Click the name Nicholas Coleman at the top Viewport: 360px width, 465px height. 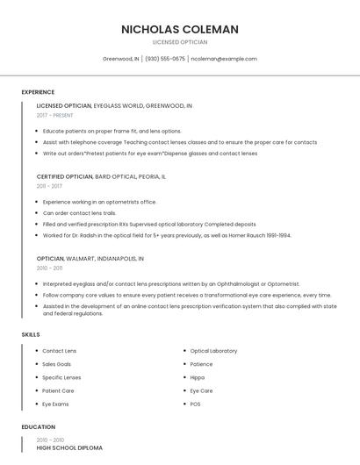coord(180,29)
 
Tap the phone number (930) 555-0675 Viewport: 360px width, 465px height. coord(165,59)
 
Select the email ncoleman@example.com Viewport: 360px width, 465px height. coord(224,59)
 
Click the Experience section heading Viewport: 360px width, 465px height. coord(38,92)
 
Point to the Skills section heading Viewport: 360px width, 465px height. coord(31,334)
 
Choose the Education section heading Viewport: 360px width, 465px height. coord(38,427)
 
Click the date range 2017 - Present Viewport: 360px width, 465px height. coord(54,115)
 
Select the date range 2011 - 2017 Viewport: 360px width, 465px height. coord(49,186)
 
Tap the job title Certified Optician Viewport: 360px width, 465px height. coord(64,176)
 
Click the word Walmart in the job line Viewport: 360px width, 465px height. coord(79,259)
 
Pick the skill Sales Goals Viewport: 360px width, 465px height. coord(57,364)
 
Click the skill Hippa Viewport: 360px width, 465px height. coord(198,377)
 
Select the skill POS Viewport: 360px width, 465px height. coord(196,404)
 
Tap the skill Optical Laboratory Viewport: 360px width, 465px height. coord(213,351)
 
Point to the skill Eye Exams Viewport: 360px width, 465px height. coord(56,404)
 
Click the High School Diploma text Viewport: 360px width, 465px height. coord(69,447)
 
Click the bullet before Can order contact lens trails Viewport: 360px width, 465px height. coord(37,213)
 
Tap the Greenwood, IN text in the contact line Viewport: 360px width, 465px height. coord(120,59)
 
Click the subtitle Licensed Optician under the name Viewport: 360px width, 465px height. coord(180,41)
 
